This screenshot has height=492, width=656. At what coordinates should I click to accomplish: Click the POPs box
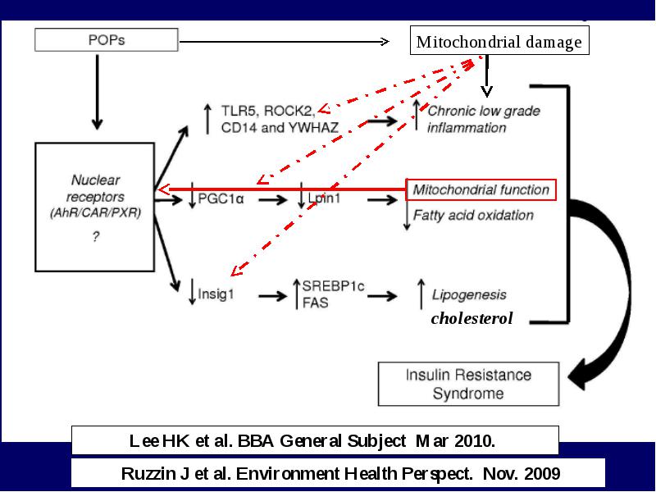107,39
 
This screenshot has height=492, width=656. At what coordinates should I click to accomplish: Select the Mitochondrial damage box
499,40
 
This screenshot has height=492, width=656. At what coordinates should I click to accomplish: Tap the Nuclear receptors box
95,207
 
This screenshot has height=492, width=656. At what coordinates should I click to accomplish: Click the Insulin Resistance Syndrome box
468,384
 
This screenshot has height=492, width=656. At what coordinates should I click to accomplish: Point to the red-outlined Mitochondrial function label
481,190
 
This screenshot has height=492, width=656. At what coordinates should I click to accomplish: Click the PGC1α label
221,198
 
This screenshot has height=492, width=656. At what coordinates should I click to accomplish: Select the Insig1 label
216,294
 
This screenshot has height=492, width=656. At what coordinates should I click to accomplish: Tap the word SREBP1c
333,286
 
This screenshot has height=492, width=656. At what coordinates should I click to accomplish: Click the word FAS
316,303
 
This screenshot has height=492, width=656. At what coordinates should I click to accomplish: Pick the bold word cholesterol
471,318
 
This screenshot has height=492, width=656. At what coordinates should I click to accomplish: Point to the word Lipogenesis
469,295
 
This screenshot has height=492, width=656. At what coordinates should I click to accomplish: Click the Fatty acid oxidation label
473,215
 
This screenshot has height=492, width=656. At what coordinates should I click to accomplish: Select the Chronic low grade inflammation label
484,119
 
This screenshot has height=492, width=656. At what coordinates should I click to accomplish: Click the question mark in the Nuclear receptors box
96,237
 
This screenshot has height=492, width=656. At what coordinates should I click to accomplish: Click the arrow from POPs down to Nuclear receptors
97,92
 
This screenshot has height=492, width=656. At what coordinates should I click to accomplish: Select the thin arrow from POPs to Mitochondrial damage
285,42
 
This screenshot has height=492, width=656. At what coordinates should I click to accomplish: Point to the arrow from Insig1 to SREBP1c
273,296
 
